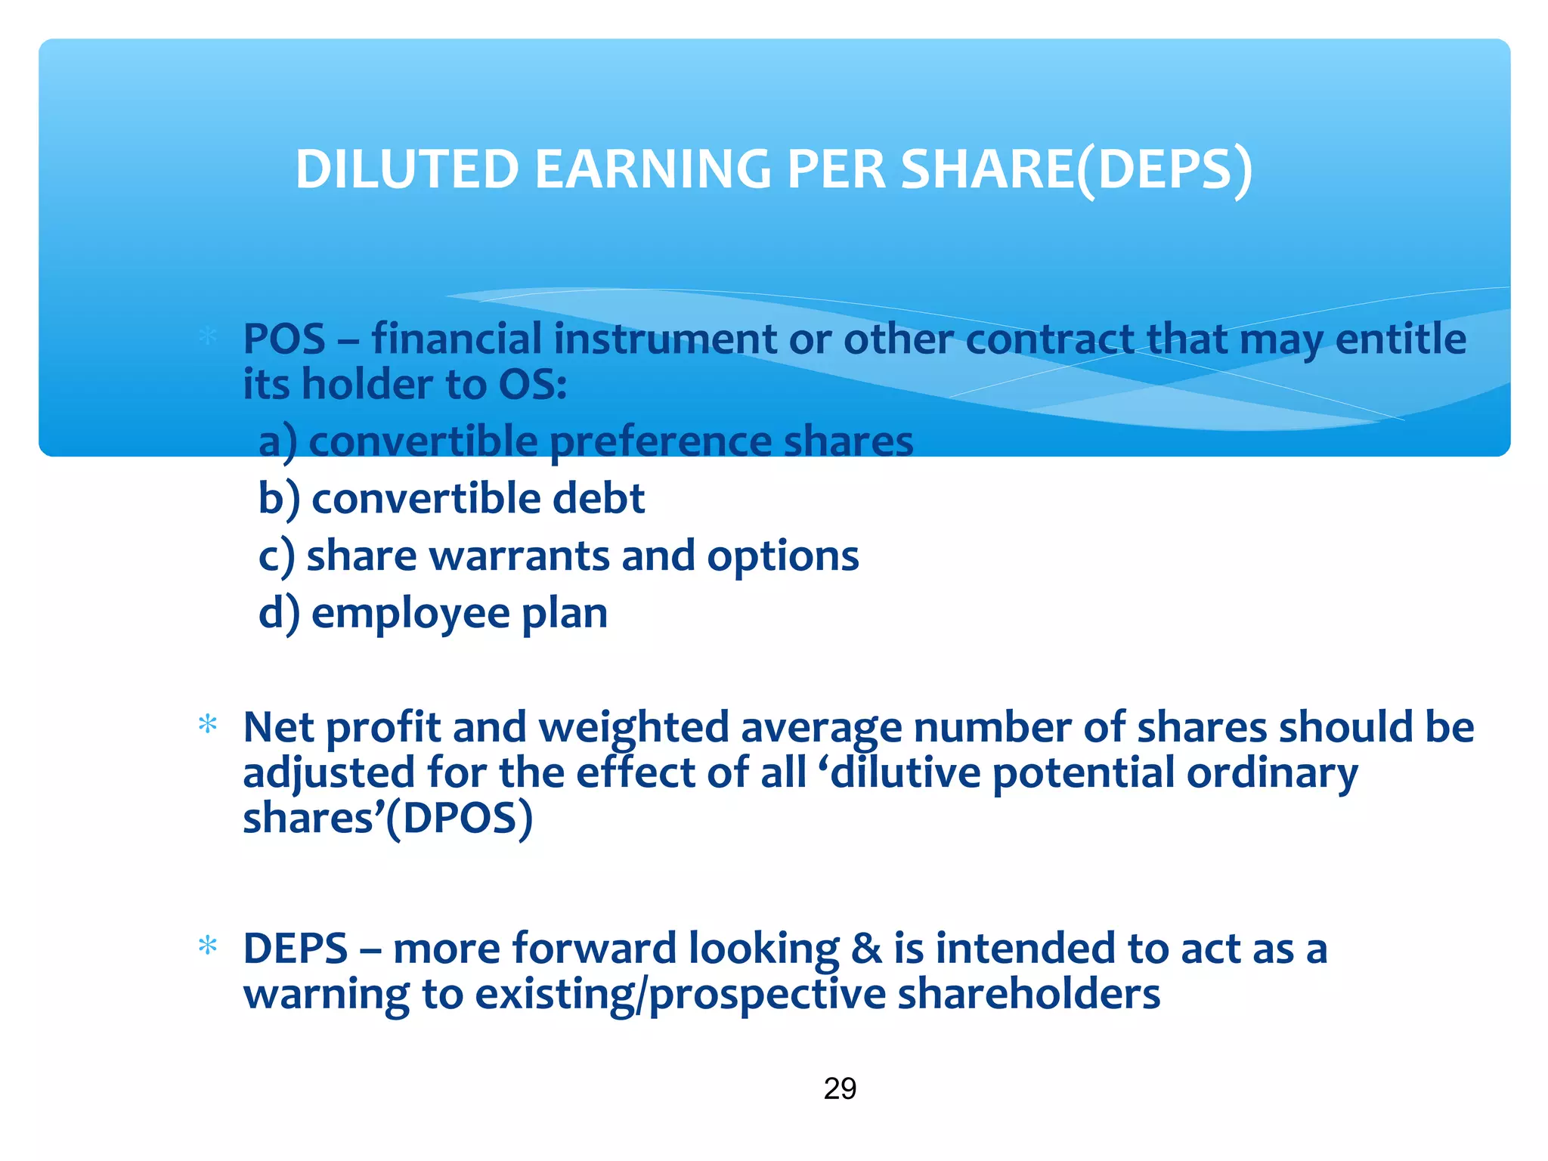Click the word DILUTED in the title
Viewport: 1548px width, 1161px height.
pos(406,169)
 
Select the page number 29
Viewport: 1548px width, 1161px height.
pos(840,1088)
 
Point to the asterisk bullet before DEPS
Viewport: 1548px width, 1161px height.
pos(207,946)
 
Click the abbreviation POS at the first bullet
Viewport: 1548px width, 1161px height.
pos(284,339)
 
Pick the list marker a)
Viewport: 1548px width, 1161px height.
pos(277,441)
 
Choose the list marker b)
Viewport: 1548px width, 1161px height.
pos(279,499)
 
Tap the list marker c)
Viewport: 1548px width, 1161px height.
pos(276,556)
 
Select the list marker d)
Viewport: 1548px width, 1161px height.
pos(279,613)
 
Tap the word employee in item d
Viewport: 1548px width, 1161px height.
pos(410,614)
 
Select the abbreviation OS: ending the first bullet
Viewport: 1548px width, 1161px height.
pos(532,385)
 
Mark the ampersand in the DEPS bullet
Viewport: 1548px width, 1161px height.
pos(866,949)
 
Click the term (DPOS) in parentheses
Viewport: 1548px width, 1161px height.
pos(459,819)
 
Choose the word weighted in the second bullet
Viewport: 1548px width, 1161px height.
pos(633,728)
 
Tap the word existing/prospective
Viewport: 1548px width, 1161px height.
pos(680,995)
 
